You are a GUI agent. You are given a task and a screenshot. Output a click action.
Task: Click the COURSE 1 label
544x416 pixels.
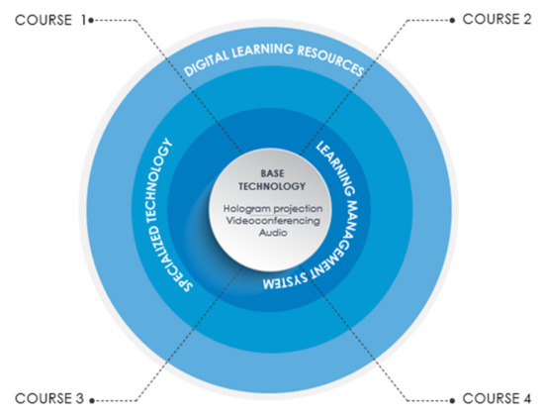(50, 20)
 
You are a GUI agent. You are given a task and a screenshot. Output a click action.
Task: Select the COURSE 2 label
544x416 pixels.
(497, 19)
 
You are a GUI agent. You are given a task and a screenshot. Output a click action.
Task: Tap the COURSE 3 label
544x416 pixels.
(49, 398)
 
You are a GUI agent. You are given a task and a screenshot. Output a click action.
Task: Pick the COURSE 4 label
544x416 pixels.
(497, 398)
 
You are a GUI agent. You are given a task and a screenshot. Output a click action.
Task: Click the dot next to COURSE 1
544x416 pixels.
(91, 21)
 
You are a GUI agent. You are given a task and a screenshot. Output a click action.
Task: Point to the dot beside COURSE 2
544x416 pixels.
(452, 21)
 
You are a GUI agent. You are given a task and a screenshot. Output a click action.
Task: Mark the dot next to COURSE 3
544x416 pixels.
(92, 401)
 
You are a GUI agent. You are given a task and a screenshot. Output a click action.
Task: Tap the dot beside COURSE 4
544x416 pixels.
(452, 401)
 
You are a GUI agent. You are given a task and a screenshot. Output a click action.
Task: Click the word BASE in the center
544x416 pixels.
(272, 173)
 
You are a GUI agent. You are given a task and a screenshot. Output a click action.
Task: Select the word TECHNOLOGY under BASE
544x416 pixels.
(272, 186)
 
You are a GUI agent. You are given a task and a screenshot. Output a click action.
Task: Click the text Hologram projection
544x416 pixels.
(273, 209)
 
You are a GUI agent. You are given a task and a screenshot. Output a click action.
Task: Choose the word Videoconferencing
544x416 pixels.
(273, 221)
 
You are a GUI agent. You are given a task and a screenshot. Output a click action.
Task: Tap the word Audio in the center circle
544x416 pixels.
(273, 233)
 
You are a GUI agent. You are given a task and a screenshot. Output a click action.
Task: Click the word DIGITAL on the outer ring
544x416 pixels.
(206, 63)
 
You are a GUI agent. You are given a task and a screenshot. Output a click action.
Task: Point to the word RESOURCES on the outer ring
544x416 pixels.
(331, 60)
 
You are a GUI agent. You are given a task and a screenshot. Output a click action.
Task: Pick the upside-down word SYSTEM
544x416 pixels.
(285, 280)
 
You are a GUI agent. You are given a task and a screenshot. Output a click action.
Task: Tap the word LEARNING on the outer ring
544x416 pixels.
(263, 51)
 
